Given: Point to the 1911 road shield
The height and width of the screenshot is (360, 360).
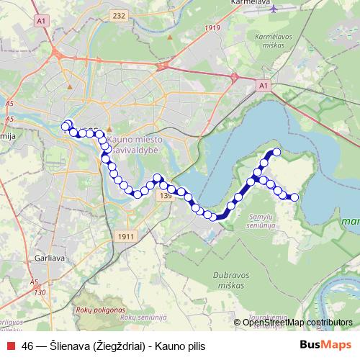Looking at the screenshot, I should click(x=124, y=235).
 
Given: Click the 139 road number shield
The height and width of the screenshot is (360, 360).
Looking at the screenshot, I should click(x=166, y=195).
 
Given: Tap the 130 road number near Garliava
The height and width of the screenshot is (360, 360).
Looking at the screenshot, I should click(x=40, y=292).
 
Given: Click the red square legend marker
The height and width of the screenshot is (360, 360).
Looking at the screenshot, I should click(x=10, y=346).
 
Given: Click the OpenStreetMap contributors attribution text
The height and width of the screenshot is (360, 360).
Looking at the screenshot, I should click(x=297, y=322).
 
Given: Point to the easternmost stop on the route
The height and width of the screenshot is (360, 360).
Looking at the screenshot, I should click(x=294, y=197).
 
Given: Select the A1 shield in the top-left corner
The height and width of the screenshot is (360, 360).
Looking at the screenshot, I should click(x=41, y=22).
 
